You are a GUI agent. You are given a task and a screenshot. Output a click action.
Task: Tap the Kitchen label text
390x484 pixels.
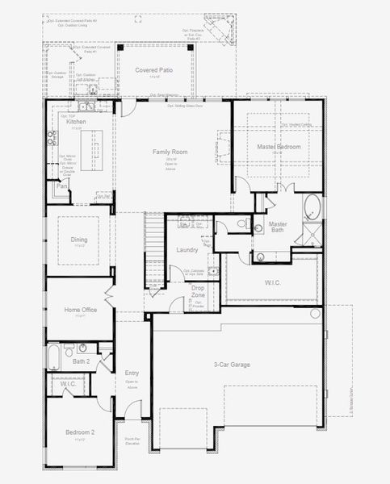click(x=76, y=122)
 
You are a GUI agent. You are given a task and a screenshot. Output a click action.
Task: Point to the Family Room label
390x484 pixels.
click(x=170, y=152)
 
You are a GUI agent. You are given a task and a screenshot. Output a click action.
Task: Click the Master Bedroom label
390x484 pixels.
click(x=279, y=147)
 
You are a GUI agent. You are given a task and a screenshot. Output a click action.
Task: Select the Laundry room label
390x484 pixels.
click(x=187, y=250)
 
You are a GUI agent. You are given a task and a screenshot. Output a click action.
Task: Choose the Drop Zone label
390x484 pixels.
click(x=198, y=292)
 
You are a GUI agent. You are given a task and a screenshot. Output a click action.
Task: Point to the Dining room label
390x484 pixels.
click(x=79, y=240)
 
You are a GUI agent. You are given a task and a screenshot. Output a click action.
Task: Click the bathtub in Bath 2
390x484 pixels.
click(x=54, y=357)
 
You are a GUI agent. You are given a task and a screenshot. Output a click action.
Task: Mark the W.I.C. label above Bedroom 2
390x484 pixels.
click(x=68, y=385)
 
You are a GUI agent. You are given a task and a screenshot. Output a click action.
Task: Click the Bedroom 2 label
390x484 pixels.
click(x=80, y=433)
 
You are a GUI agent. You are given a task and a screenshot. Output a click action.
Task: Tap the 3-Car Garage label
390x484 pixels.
click(x=232, y=365)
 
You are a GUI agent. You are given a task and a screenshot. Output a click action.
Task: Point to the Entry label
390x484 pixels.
click(x=132, y=373)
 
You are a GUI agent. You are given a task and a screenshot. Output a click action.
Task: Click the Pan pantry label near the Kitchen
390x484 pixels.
click(x=61, y=186)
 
